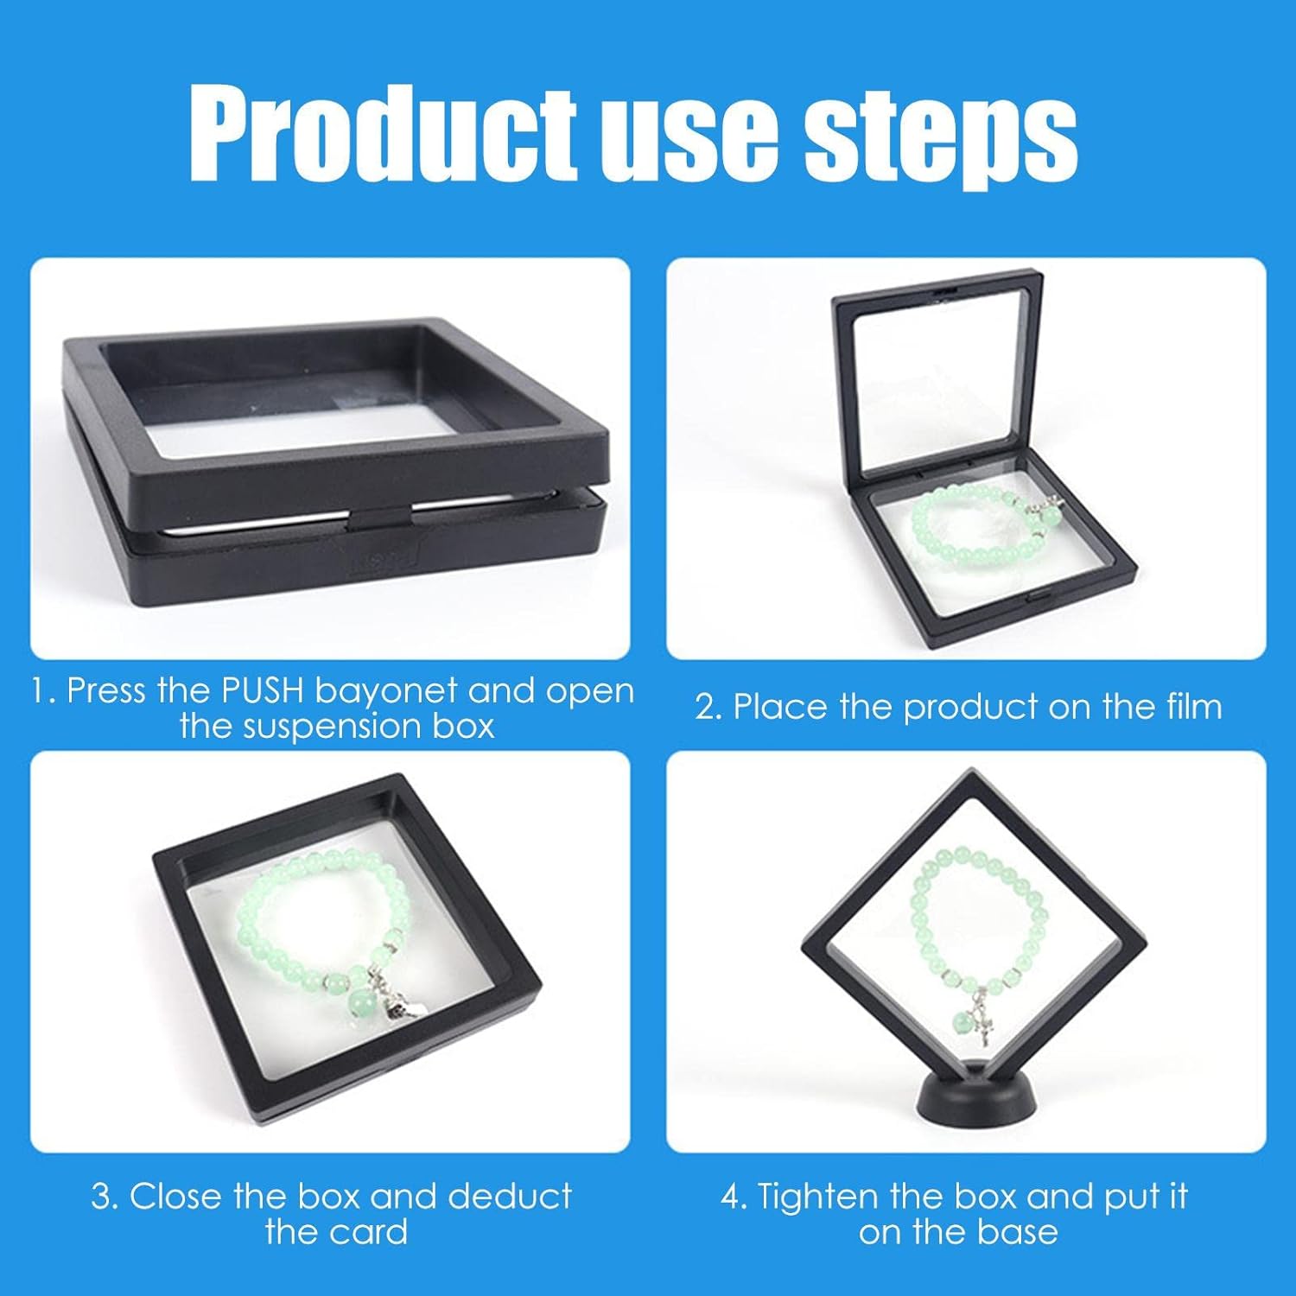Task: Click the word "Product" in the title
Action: click(383, 136)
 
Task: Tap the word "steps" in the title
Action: click(941, 138)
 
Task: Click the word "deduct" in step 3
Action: click(510, 1197)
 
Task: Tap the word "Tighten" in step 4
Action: click(818, 1198)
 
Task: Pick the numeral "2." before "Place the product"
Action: click(708, 708)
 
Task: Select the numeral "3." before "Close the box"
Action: click(105, 1198)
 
